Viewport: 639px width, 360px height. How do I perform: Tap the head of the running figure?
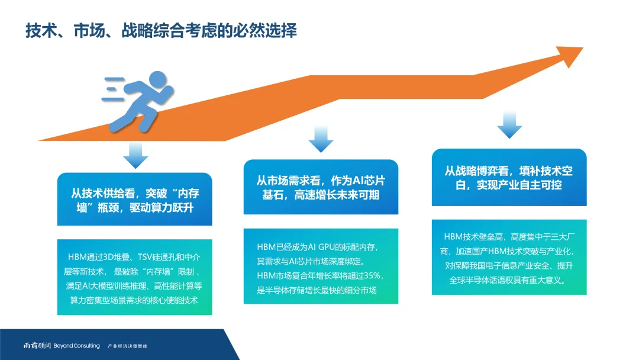pos(157,79)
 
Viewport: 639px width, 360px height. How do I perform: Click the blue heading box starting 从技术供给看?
pos(134,200)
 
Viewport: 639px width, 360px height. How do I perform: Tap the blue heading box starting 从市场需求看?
pos(321,187)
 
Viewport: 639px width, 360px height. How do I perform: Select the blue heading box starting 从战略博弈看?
pos(509,177)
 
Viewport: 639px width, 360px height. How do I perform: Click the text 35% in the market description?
pos(374,275)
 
